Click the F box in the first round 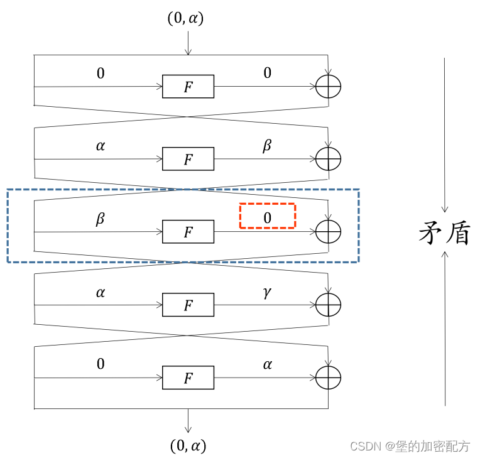pos(188,87)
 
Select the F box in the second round pos(188,159)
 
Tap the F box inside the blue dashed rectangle pos(188,232)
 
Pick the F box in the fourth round pos(188,305)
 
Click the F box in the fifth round pos(188,378)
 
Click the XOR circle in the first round pos(328,87)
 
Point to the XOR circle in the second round pos(328,159)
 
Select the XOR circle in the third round pos(328,232)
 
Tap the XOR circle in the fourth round pos(328,305)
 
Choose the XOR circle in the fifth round pos(328,378)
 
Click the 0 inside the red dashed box pos(267,217)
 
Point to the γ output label pos(267,292)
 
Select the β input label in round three pos(101,219)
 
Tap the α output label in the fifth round pos(267,364)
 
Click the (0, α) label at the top pos(185,18)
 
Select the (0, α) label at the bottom pos(188,445)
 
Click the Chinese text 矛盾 pos(444,234)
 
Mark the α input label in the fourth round pos(101,292)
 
